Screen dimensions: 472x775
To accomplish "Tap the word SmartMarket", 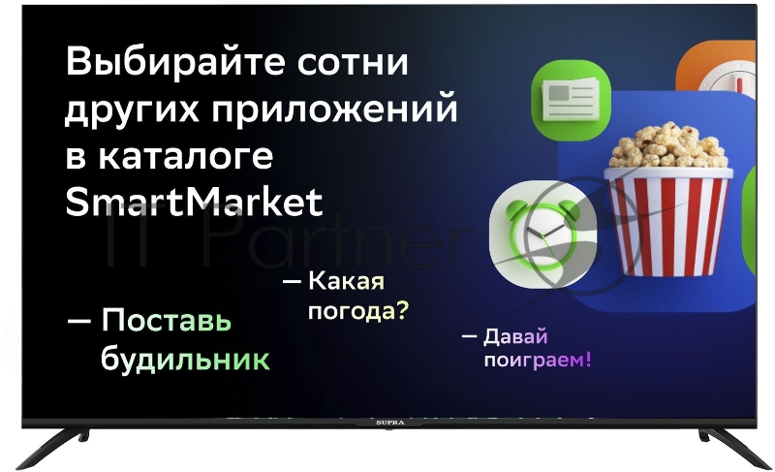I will point(194,203).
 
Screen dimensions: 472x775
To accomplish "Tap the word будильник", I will point(186,360).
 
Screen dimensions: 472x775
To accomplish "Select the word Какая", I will point(347,282).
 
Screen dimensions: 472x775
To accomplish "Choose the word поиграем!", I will point(537,361).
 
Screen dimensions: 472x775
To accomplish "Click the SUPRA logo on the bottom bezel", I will point(387,424).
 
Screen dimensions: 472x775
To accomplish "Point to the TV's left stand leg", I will point(58,441).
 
